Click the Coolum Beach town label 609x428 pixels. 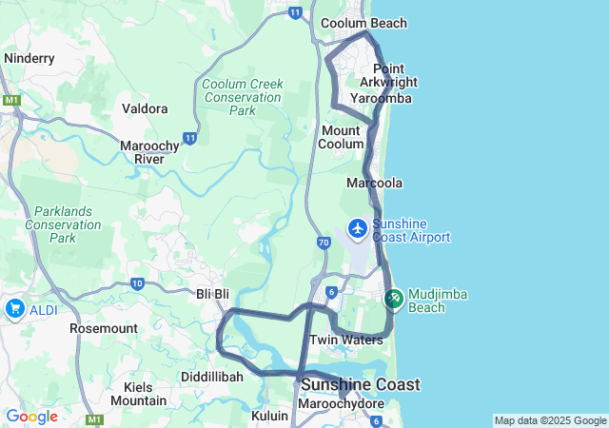point(363,23)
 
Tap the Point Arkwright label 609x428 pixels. point(395,75)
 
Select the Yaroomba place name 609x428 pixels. point(381,98)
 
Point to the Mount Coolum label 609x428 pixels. point(342,137)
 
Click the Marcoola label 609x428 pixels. point(375,183)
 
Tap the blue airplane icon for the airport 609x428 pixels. point(358,228)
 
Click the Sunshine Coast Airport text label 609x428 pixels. point(411,230)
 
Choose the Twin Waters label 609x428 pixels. point(346,340)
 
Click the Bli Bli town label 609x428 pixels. point(213,294)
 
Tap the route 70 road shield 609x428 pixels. point(324,243)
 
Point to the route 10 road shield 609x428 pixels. point(138,283)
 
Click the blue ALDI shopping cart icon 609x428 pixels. point(15,308)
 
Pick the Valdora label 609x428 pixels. point(145,108)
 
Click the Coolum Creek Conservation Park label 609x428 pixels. point(243,97)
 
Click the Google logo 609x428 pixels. point(31,417)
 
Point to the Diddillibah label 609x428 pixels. point(212,377)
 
